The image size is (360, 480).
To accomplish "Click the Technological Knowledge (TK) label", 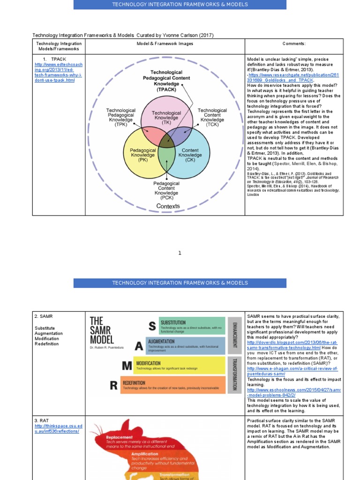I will pyautogui.click(x=166, y=118).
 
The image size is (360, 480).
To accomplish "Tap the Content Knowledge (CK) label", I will pyautogui.click(x=190, y=155).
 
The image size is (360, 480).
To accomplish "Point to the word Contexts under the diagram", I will pyautogui.click(x=168, y=206).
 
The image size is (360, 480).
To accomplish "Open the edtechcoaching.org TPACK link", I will pyautogui.click(x=59, y=72).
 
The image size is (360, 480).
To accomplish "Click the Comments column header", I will pyautogui.click(x=294, y=44).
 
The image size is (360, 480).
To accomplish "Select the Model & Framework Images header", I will pyautogui.click(x=165, y=44).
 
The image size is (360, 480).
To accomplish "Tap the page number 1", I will pyautogui.click(x=180, y=253).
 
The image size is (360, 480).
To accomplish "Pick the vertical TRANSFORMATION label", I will pyautogui.click(x=234, y=374).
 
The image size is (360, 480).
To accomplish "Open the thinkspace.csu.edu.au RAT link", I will pyautogui.click(x=59, y=428).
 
